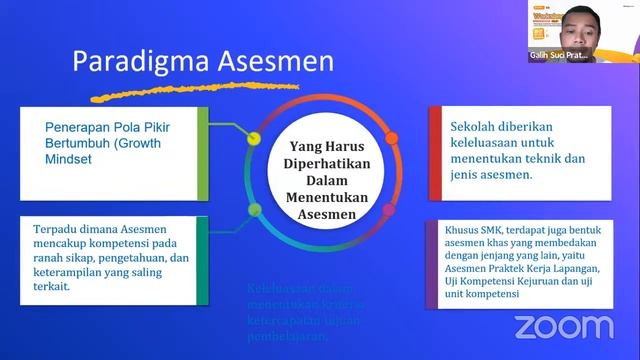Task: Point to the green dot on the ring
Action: pyautogui.click(x=254, y=210)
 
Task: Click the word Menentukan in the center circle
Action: pyautogui.click(x=317, y=198)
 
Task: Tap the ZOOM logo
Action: pyautogui.click(x=563, y=326)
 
